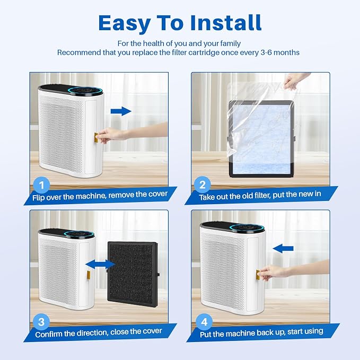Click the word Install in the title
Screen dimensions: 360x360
[226, 23]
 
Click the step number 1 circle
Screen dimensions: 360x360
[41, 185]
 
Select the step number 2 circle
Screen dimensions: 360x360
[203, 185]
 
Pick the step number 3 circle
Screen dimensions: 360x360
[41, 322]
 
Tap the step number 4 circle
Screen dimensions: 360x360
[204, 322]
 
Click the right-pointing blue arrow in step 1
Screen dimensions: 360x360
[121, 111]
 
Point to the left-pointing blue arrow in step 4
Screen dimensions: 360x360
[283, 249]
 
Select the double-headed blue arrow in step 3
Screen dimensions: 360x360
[100, 264]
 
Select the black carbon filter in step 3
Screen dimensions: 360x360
[133, 275]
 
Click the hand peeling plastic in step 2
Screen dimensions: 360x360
[295, 81]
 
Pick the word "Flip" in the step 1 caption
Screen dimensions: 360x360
[38, 198]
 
